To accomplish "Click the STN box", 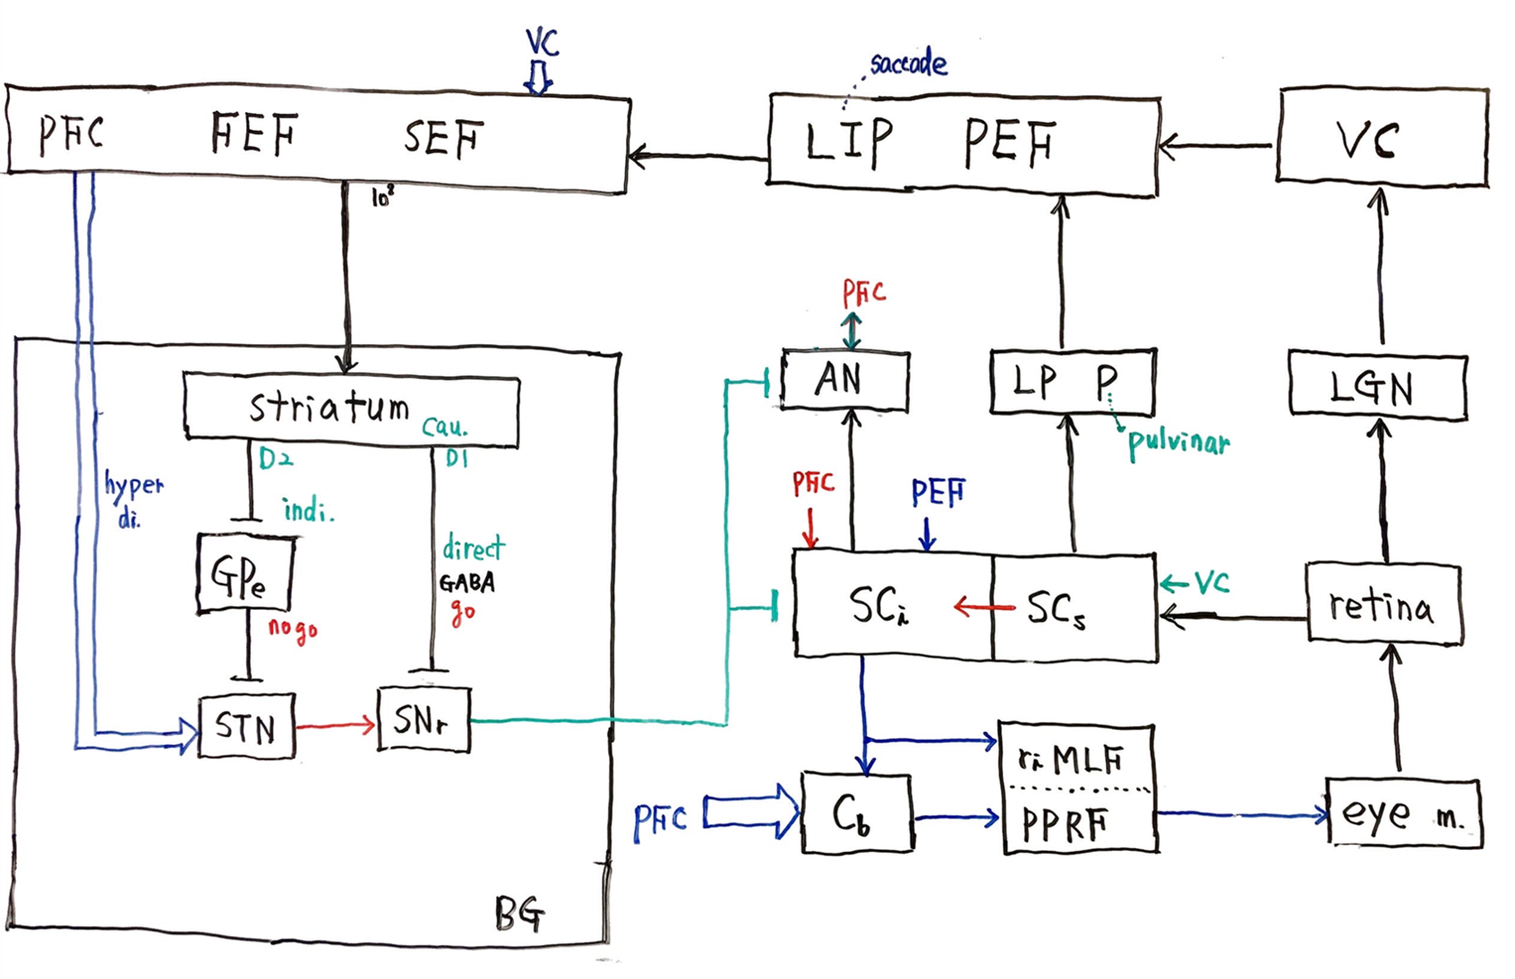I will pos(246,726).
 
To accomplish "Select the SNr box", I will pos(424,719).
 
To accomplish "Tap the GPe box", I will pos(244,574).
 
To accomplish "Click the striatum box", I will pos(350,409).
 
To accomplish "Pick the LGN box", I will pos(1376,388).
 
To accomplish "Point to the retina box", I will pos(1383,605).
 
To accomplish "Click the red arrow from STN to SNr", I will pos(336,725).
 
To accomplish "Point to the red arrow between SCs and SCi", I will pos(984,608).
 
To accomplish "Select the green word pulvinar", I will pos(1177,442).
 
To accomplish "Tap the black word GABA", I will pos(466,583).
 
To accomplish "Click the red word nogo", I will pos(293,630).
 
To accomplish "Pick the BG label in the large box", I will pos(519,914).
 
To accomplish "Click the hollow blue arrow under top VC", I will pos(538,78).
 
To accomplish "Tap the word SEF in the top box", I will pos(443,138).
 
